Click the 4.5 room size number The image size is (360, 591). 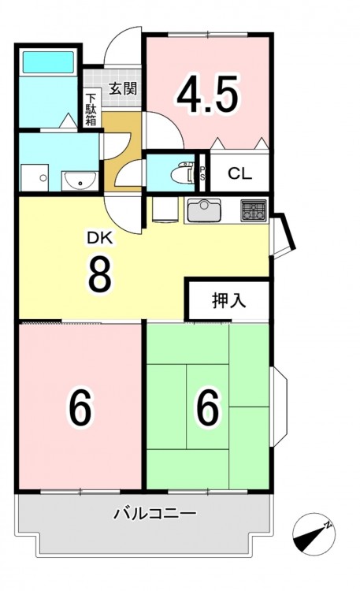point(208,95)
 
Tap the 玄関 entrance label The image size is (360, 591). point(123,88)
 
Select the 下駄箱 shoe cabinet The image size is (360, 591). point(91,110)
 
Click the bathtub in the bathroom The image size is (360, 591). point(48,62)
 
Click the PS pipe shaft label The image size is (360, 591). point(202,173)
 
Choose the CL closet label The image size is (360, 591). point(239,173)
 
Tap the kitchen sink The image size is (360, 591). point(204,210)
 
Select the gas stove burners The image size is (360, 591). point(254,210)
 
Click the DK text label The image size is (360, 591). point(100,238)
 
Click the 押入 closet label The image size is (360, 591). point(228,301)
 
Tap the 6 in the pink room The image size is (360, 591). point(80,407)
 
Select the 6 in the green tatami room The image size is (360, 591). point(208,407)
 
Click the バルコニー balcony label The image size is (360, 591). point(155,513)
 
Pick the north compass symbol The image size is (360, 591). point(314,534)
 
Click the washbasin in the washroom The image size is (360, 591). point(80,181)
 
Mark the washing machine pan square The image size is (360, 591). point(35,177)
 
